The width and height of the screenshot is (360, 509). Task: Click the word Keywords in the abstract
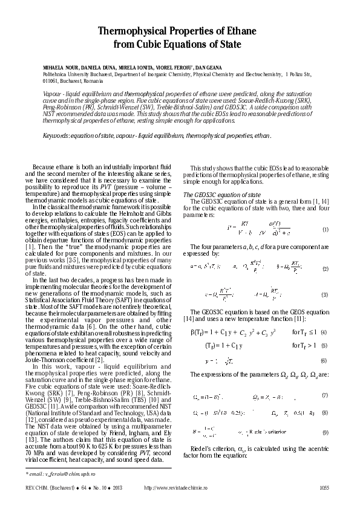pyautogui.click(x=55, y=135)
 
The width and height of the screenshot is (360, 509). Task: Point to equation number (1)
pyautogui.click(x=325, y=230)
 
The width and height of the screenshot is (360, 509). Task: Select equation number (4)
pyautogui.click(x=324, y=332)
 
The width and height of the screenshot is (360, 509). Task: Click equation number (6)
pyautogui.click(x=324, y=361)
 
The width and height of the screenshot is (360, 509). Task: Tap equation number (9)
pyautogui.click(x=325, y=433)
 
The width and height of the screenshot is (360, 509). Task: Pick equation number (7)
pyautogui.click(x=325, y=395)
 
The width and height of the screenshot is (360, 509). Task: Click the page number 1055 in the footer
pyautogui.click(x=324, y=487)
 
